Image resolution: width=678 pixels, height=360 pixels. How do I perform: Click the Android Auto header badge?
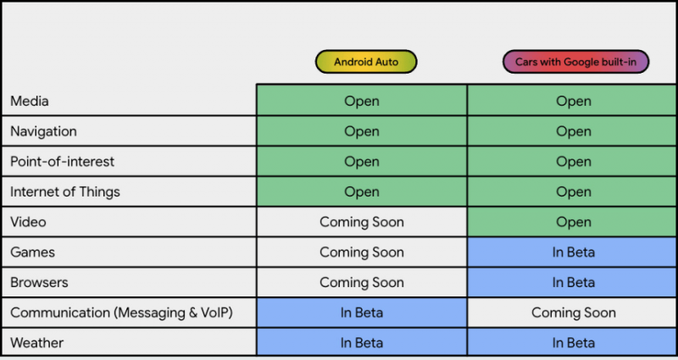tap(366, 62)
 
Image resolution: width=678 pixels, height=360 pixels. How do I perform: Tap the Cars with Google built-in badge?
tap(575, 62)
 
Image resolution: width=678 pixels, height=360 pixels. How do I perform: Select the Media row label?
tap(30, 101)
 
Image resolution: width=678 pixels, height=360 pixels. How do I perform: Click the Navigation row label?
tap(43, 131)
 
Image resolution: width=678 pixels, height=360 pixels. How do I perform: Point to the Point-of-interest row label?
tap(62, 162)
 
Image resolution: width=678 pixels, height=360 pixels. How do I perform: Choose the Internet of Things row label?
tap(65, 192)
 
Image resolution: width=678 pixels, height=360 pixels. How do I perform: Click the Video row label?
tap(28, 222)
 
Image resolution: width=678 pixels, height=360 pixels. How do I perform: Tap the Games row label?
tap(32, 252)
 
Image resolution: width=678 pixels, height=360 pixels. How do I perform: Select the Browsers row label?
tap(39, 283)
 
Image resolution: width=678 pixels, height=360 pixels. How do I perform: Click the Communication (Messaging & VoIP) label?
tap(121, 313)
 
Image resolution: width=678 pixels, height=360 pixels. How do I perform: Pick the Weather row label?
tap(36, 343)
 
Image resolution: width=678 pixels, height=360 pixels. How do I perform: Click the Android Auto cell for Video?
tap(362, 222)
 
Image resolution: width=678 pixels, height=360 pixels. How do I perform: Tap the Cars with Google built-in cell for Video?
tap(572, 222)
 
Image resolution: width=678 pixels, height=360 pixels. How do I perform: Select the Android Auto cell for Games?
tap(362, 252)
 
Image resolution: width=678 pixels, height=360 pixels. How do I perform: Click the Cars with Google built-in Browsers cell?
tap(572, 283)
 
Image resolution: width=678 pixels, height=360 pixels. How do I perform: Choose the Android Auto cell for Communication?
tap(362, 313)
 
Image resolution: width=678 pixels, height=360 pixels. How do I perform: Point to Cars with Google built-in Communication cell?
tap(572, 313)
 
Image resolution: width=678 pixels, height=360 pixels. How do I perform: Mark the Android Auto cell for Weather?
tap(362, 343)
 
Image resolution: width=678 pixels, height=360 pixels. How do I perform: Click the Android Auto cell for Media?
tap(362, 101)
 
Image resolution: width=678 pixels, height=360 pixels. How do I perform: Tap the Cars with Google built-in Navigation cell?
tap(572, 131)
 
